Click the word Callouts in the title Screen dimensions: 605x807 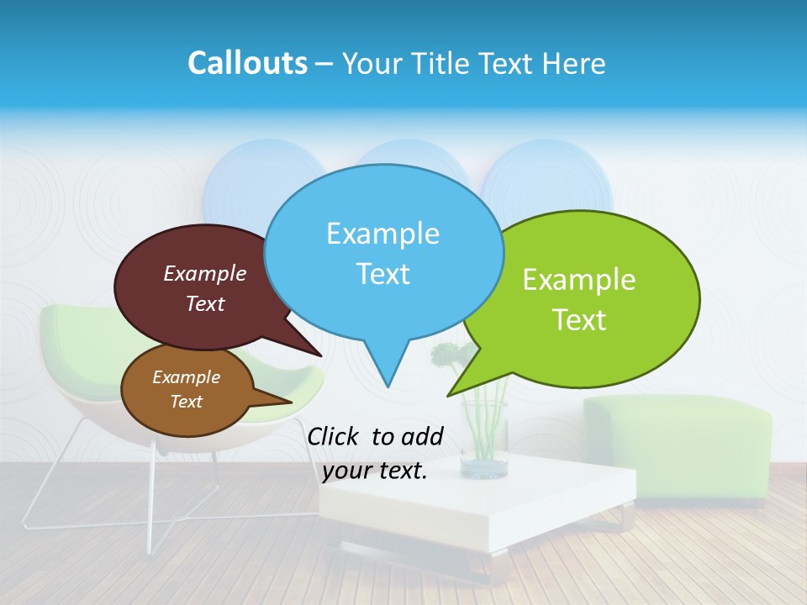tap(247, 63)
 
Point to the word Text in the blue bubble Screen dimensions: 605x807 tap(382, 274)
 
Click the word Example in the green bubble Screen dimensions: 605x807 tap(579, 279)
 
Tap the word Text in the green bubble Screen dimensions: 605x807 tap(579, 320)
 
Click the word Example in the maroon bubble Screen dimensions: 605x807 tap(205, 273)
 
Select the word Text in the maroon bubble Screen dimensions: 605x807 tap(205, 303)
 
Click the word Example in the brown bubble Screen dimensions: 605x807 tap(186, 377)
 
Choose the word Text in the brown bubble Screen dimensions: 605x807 tap(186, 402)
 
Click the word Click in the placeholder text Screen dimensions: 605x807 tap(334, 436)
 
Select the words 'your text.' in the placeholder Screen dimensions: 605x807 tap(375, 471)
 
